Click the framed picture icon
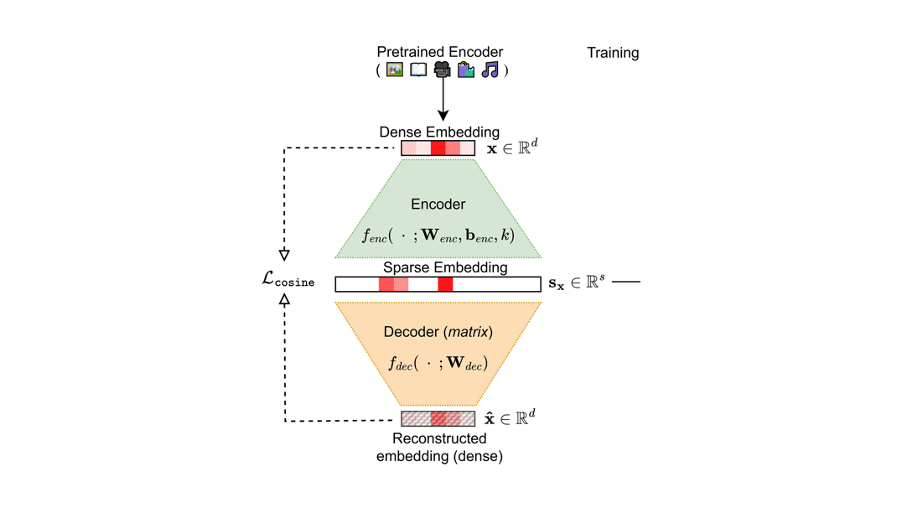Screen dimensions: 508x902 [395, 70]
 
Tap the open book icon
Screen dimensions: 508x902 [418, 70]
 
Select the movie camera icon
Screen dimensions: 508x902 [443, 70]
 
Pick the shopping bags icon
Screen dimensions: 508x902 [466, 70]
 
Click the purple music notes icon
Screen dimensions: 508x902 [490, 70]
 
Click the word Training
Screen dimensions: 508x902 [613, 53]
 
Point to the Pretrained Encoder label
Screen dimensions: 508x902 [440, 52]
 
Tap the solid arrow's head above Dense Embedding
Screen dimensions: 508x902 [443, 115]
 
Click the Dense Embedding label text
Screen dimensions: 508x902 [439, 132]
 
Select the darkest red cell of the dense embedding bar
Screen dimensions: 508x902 [438, 148]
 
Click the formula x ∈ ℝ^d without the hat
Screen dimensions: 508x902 [512, 148]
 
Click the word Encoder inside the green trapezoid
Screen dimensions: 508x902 [438, 205]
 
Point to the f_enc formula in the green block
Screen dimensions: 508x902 [438, 236]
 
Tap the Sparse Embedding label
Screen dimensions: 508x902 [445, 268]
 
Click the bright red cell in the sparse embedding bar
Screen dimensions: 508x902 [445, 285]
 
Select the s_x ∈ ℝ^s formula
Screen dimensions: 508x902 [576, 283]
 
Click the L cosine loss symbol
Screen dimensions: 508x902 [288, 280]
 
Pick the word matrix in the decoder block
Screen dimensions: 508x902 [469, 333]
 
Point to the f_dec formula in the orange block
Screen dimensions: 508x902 [438, 364]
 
